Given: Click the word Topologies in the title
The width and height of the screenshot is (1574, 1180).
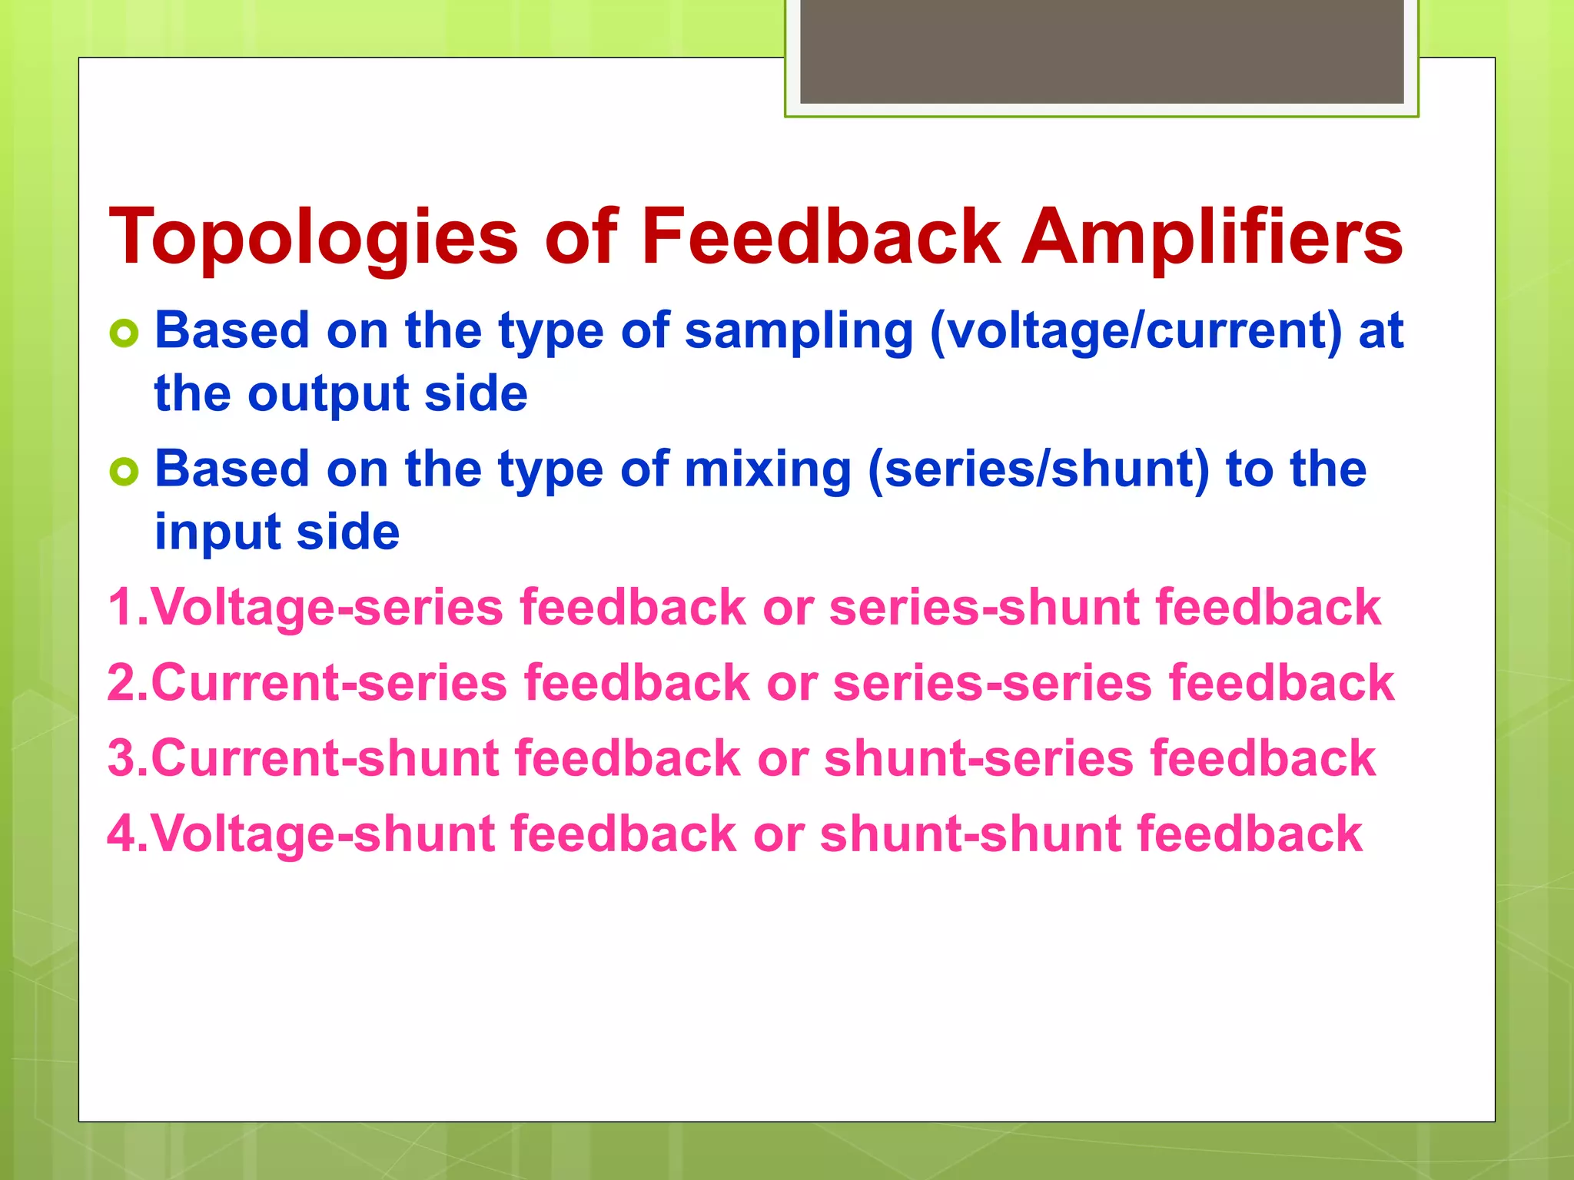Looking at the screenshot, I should (314, 238).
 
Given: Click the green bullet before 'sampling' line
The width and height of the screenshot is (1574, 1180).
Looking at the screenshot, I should (124, 333).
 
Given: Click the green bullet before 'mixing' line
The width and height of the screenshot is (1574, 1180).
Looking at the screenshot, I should (124, 471).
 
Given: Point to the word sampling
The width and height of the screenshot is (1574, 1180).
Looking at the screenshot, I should (798, 332).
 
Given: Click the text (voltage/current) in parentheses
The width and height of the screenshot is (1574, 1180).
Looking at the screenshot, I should (1136, 332).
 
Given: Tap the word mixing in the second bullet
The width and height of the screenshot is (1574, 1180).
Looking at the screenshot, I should (767, 470).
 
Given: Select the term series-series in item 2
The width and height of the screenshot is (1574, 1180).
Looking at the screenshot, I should (992, 683).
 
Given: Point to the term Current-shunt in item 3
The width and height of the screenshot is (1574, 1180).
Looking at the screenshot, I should (326, 758).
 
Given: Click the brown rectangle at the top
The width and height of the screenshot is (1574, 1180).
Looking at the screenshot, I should (1101, 51).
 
